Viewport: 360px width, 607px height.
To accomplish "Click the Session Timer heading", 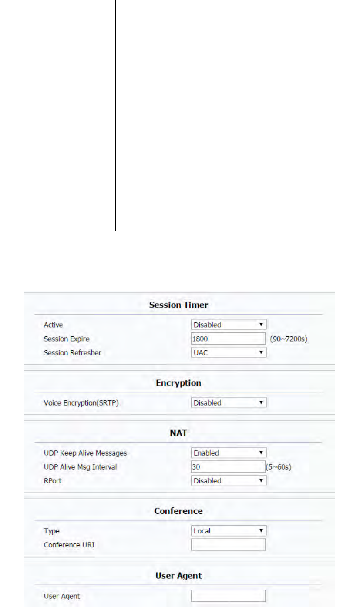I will pos(178,305).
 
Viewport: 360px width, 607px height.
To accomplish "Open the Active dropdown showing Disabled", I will pos(229,325).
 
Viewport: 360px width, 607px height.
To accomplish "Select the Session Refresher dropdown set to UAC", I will pos(229,352).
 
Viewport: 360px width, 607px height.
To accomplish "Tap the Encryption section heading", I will pos(178,383).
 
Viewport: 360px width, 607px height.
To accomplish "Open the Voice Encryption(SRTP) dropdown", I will pos(229,403).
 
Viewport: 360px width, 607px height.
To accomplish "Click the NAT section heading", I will pos(178,433).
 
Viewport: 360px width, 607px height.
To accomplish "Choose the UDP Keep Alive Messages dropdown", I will pos(229,453).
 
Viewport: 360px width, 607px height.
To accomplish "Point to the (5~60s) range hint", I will pos(278,467).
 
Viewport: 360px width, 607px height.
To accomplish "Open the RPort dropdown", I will pos(229,481).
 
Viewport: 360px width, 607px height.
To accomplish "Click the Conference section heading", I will pos(178,511).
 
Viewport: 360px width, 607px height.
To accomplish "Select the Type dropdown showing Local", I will pos(229,531).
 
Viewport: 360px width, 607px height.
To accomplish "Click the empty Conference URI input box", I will pos(228,545).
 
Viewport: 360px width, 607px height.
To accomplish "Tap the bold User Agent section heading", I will pos(178,576).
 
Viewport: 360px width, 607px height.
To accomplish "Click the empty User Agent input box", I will pos(228,596).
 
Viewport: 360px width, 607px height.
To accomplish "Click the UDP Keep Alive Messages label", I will pos(85,453).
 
